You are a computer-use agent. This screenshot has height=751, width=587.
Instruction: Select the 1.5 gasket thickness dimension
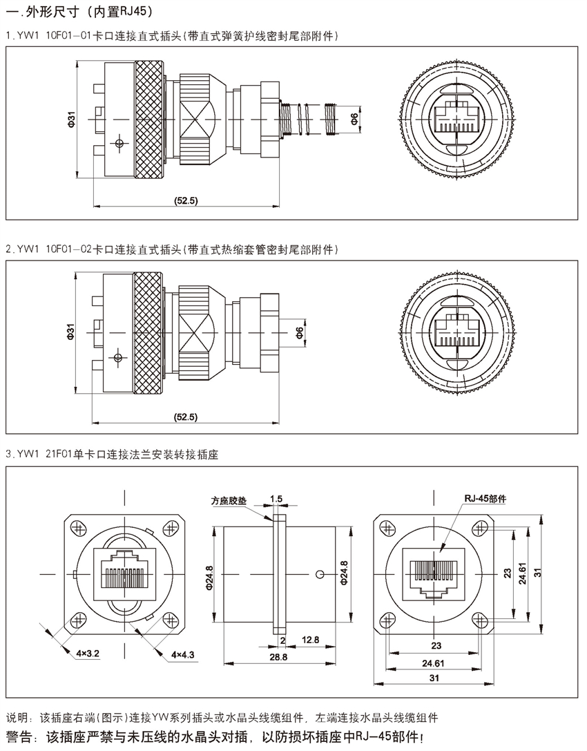click(276, 498)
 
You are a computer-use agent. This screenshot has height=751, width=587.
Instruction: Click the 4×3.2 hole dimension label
click(89, 652)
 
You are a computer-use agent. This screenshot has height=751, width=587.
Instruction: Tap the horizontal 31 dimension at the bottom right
click(434, 678)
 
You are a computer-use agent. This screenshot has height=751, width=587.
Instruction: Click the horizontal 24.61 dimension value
click(434, 663)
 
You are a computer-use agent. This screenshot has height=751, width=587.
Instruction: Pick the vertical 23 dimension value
click(507, 573)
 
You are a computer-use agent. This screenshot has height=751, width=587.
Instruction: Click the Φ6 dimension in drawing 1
click(354, 120)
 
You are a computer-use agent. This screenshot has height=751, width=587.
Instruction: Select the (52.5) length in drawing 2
click(186, 417)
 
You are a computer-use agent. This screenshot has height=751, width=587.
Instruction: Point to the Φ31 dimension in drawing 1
click(71, 120)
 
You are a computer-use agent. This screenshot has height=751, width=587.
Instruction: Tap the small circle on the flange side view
click(319, 574)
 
